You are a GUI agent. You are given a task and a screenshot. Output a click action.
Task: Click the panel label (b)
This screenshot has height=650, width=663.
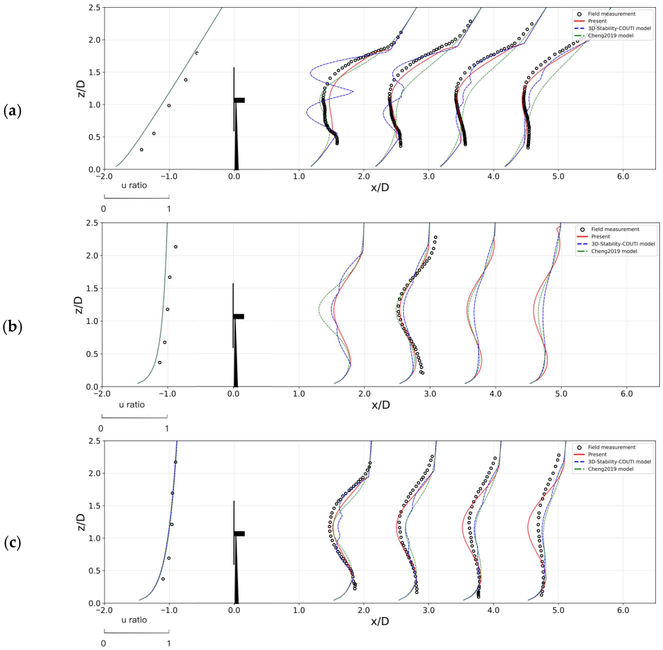pyautogui.click(x=12, y=327)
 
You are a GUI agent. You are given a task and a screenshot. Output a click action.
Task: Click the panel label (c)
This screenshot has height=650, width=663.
pyautogui.click(x=12, y=543)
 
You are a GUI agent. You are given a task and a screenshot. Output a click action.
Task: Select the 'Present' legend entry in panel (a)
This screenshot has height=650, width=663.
pyautogui.click(x=597, y=21)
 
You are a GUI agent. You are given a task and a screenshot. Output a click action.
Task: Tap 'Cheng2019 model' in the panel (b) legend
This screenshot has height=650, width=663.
pyautogui.click(x=614, y=251)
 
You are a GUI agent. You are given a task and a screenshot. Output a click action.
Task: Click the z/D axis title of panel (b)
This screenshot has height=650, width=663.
pyautogui.click(x=79, y=305)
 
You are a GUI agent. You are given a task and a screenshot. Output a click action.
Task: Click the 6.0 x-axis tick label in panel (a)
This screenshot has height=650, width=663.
pyautogui.click(x=623, y=177)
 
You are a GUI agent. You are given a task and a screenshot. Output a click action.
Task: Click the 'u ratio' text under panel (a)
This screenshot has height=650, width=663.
pyautogui.click(x=134, y=185)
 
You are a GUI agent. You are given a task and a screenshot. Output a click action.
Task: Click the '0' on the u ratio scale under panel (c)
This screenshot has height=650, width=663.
pyautogui.click(x=103, y=644)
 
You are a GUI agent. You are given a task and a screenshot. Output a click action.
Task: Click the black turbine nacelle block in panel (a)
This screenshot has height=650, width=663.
pyautogui.click(x=239, y=100)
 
